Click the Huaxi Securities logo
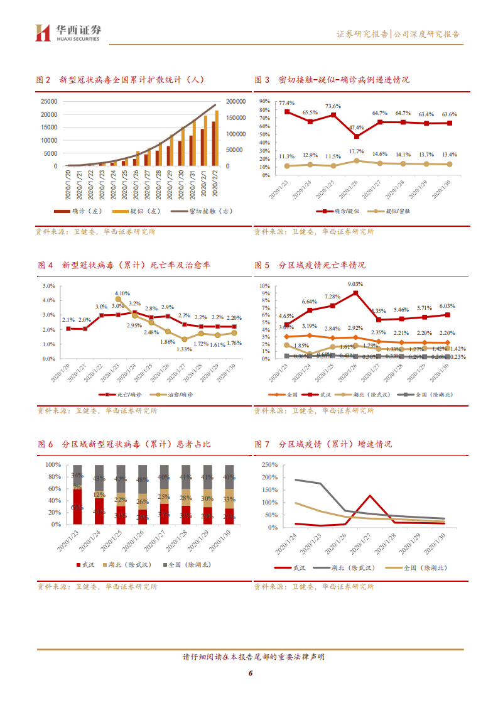[68, 33]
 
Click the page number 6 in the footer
[249, 674]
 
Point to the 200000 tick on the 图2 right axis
[236, 101]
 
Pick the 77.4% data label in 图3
[286, 102]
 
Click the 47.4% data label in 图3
[356, 127]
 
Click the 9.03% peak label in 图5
[356, 284]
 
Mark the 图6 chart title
[124, 444]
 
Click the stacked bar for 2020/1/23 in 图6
[77, 495]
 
